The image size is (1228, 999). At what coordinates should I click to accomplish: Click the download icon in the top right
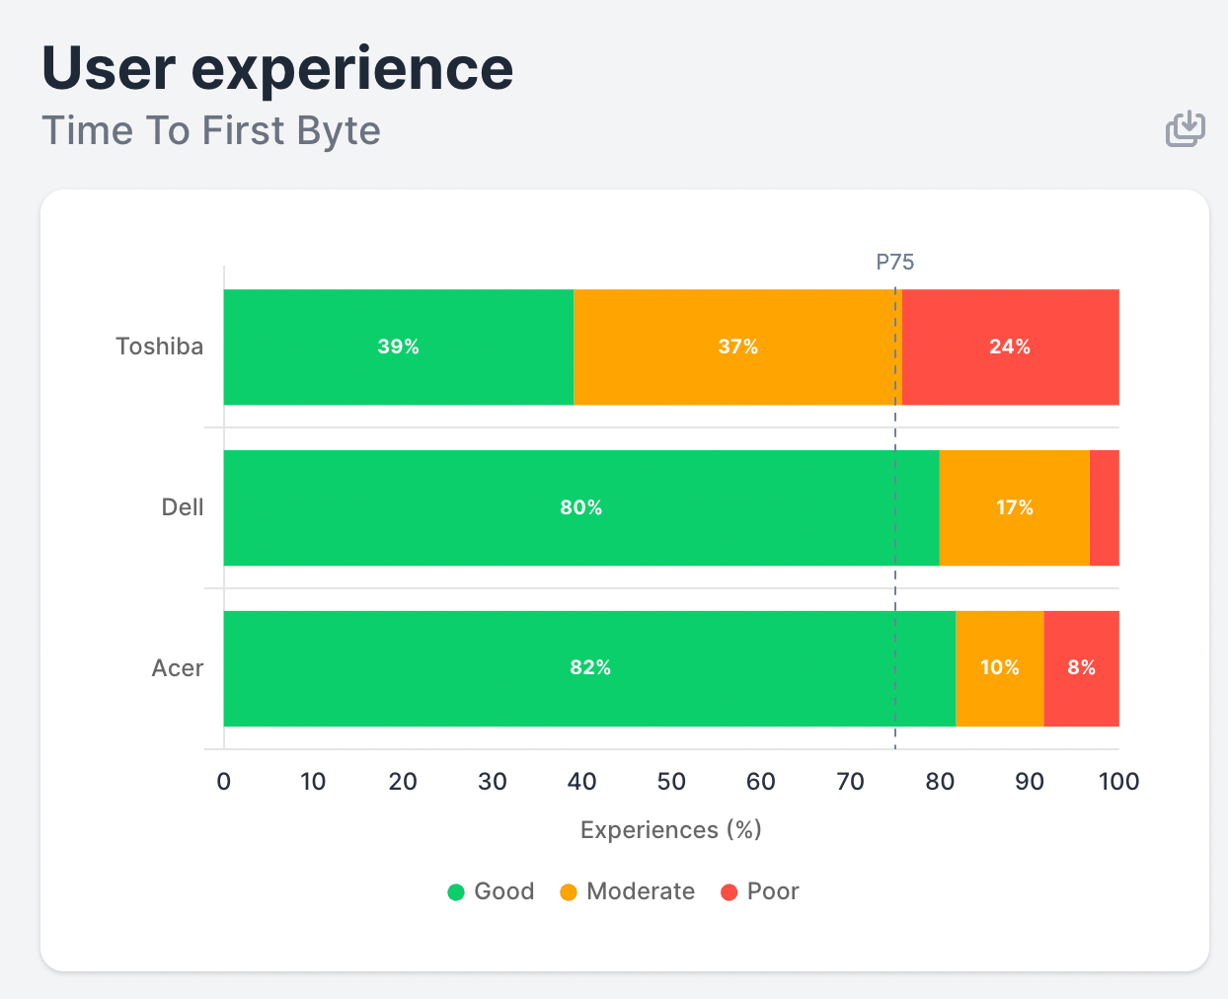point(1185,129)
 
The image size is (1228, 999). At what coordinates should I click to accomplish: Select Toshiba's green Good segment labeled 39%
point(398,346)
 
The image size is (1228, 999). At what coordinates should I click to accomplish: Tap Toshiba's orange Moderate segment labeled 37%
point(736,346)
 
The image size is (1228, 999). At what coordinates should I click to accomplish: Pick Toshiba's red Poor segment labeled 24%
point(1010,346)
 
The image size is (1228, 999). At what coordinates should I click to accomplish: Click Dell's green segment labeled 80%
point(580,507)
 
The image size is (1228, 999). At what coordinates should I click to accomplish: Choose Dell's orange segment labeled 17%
point(1014,507)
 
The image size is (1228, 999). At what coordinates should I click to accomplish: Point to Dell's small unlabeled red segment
point(1104,507)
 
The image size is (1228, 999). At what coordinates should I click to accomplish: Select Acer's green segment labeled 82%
point(589,668)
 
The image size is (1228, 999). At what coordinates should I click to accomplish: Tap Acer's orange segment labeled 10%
point(999,668)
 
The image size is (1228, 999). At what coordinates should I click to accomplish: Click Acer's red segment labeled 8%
point(1081,668)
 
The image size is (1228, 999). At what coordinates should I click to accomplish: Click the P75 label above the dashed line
point(895,262)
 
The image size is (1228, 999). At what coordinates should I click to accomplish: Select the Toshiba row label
point(159,346)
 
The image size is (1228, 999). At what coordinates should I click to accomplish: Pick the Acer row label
point(178,668)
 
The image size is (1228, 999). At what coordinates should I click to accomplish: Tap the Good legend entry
point(492,891)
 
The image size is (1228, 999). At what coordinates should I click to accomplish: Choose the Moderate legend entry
point(628,891)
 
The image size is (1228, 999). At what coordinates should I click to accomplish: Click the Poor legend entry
point(760,891)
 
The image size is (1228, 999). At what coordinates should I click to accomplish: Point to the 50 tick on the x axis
point(671,782)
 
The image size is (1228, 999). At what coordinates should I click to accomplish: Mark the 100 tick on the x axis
point(1118,782)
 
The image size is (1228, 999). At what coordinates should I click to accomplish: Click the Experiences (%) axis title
point(671,830)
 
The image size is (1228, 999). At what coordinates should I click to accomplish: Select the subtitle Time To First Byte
point(211,131)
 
